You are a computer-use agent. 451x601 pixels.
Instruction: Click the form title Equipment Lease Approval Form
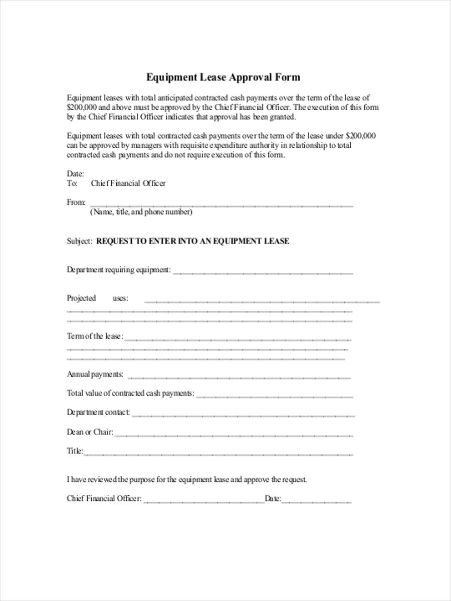(223, 77)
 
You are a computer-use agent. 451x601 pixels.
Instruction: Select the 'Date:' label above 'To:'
(75, 174)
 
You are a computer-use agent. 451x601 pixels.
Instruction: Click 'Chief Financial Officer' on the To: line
(128, 183)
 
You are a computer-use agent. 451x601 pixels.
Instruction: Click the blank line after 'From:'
(220, 204)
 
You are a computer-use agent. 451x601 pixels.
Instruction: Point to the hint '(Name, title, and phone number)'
(141, 212)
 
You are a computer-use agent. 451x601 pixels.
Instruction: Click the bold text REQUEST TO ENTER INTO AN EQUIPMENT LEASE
(192, 241)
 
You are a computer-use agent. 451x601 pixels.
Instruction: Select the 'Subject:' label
(79, 241)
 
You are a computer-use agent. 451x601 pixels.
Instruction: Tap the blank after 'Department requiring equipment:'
(263, 272)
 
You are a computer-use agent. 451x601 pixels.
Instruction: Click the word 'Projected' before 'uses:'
(81, 298)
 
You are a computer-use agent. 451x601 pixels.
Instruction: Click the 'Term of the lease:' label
(95, 336)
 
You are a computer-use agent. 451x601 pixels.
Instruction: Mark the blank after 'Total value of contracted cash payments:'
(274, 396)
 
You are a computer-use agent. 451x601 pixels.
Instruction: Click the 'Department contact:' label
(98, 412)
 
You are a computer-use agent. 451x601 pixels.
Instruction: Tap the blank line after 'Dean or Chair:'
(233, 434)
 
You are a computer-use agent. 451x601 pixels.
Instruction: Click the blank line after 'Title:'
(218, 453)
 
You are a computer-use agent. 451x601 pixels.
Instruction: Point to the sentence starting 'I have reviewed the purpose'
(186, 479)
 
